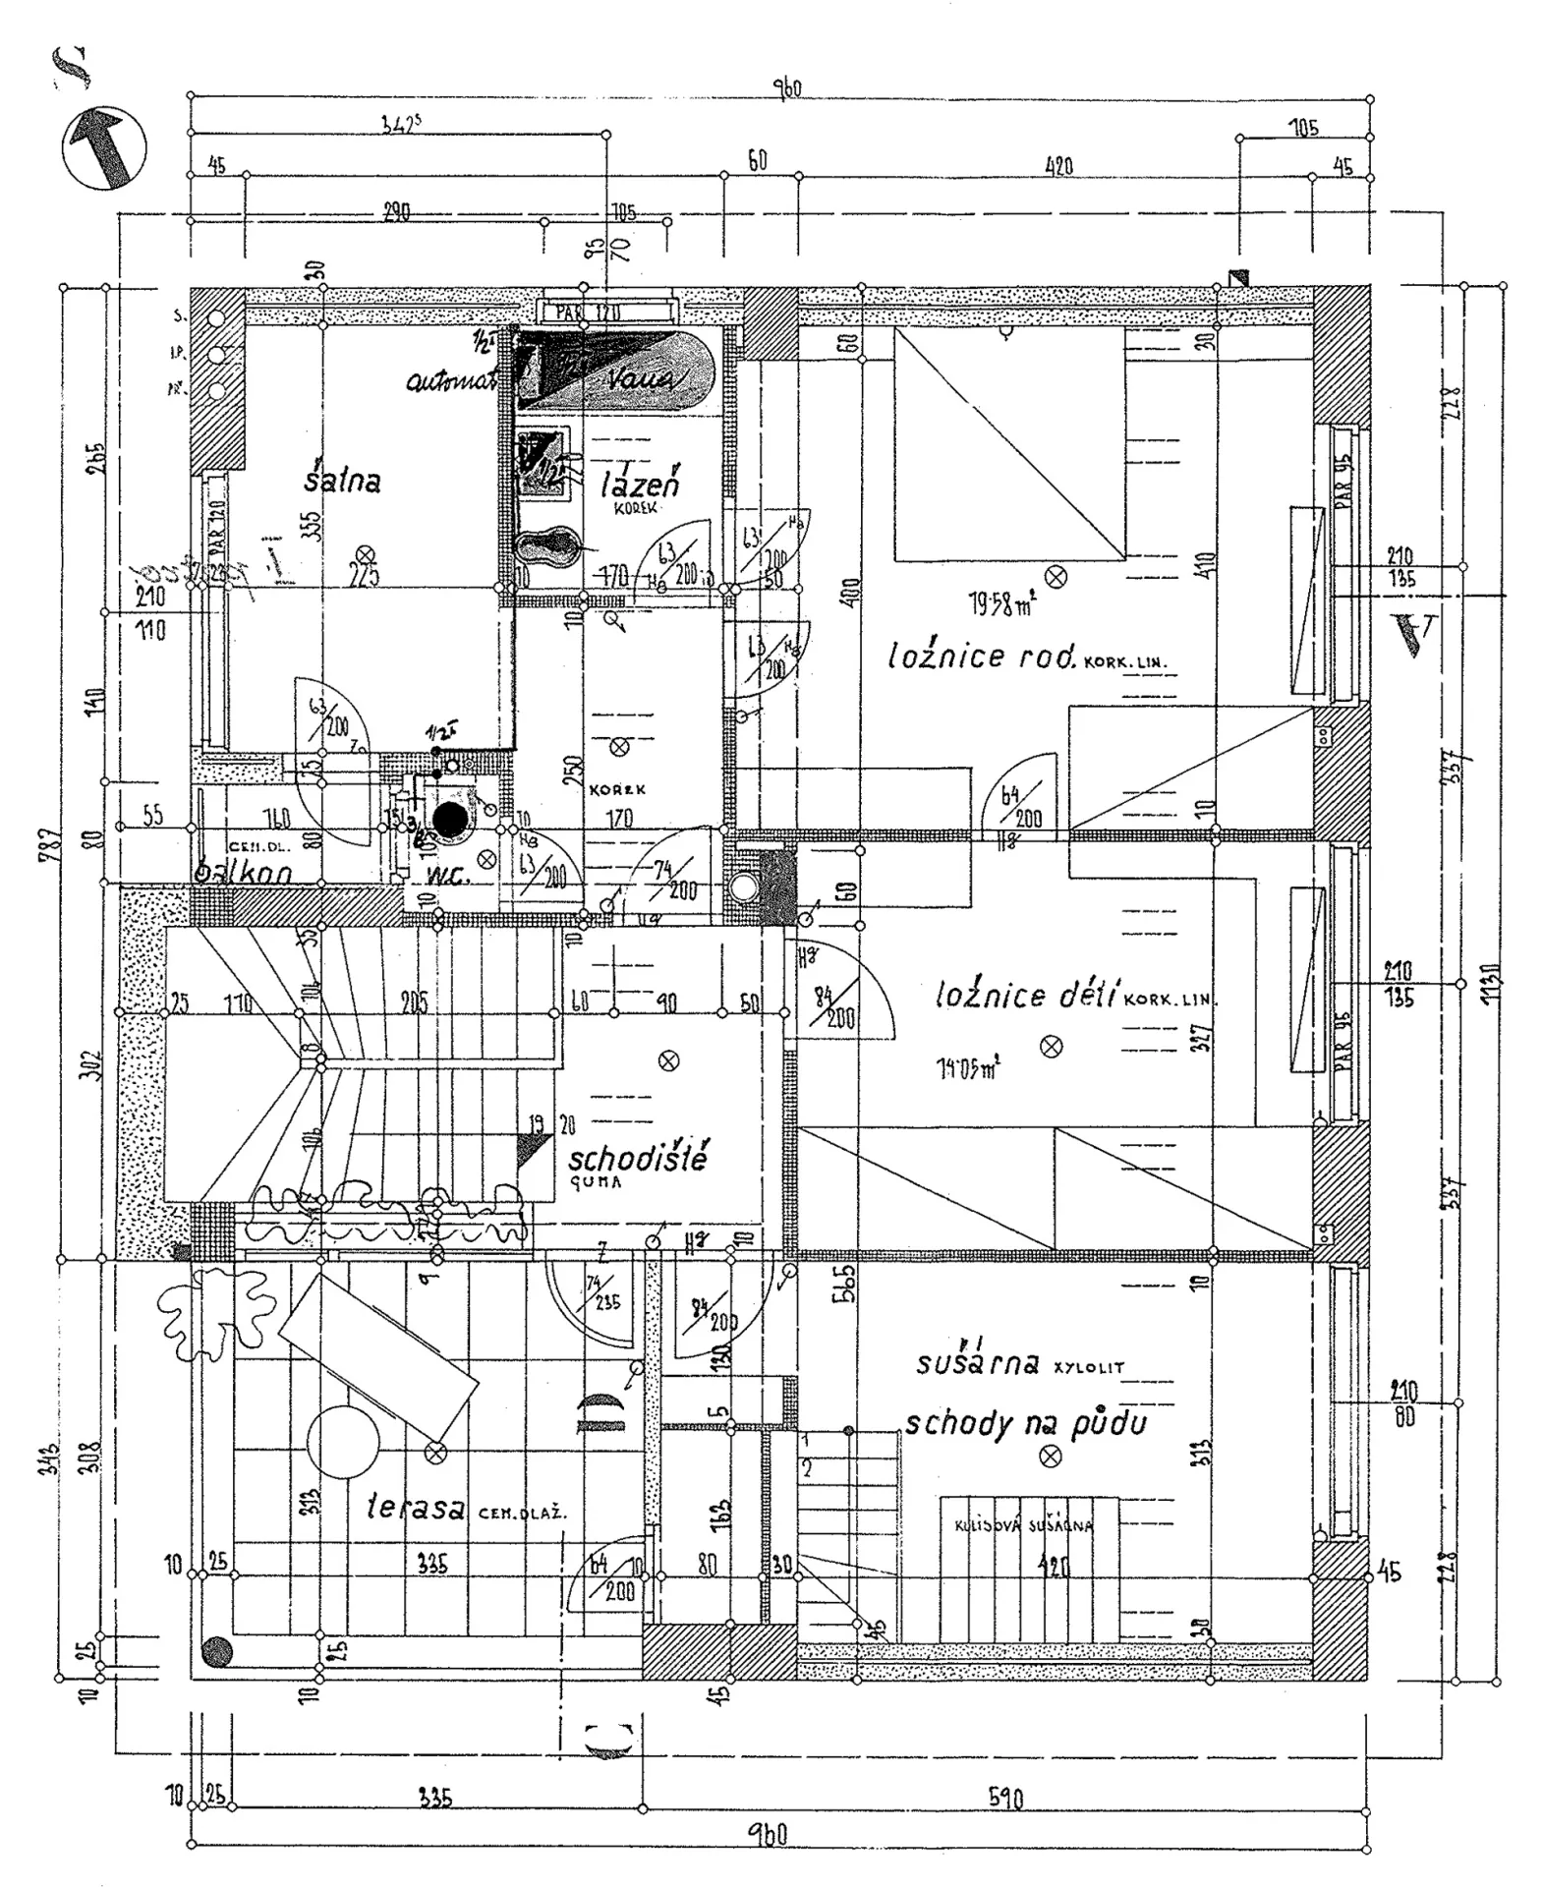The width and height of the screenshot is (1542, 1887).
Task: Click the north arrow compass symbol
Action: tap(103, 148)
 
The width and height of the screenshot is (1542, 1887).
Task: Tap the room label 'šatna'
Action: tap(341, 480)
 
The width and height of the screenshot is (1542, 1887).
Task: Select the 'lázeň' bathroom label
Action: tap(640, 482)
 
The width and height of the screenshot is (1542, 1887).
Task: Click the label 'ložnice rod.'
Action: tap(982, 656)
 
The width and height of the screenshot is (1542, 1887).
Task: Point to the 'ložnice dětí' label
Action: tap(1026, 997)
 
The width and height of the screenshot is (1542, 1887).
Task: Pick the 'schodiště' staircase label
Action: tap(638, 1157)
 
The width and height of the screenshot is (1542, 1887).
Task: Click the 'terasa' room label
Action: tap(416, 1507)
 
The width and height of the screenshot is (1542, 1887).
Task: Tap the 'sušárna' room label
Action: tap(977, 1363)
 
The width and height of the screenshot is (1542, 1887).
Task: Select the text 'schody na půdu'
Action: tap(1025, 1422)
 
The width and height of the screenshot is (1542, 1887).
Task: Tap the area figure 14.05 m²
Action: tap(968, 1068)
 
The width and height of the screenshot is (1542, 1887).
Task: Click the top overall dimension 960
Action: tap(786, 88)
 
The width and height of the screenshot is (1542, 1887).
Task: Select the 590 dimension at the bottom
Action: tap(1004, 1800)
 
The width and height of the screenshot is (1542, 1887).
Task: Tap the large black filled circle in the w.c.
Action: tap(450, 820)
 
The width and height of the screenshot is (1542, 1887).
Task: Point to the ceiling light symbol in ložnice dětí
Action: tap(1051, 1046)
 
